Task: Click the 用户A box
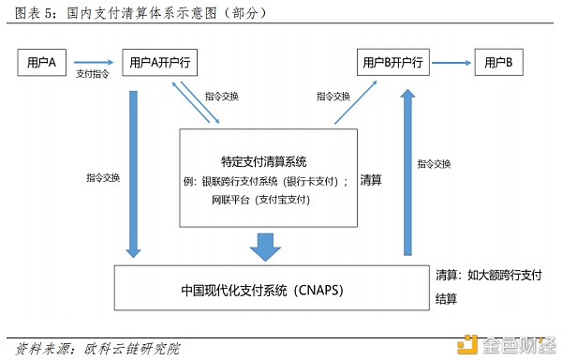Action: (41, 63)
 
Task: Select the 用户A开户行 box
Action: (163, 63)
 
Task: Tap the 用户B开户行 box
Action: (393, 63)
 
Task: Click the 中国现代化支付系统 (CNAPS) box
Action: (262, 289)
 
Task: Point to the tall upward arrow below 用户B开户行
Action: (405, 169)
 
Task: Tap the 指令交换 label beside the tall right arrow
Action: (436, 163)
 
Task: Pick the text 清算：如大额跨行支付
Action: (488, 276)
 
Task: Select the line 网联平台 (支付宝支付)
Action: (260, 200)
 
